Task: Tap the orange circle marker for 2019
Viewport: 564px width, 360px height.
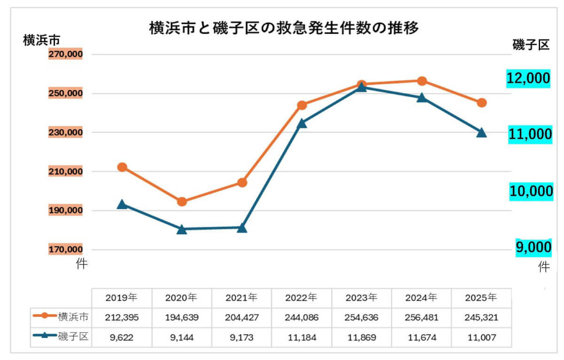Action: click(x=122, y=167)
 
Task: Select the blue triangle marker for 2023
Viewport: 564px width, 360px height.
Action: click(x=362, y=87)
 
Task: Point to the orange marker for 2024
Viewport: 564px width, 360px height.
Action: click(x=422, y=81)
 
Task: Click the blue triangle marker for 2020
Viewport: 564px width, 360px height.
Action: click(x=182, y=229)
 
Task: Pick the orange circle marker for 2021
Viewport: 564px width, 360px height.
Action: click(x=242, y=182)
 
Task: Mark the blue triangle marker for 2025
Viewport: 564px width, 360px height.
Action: click(x=481, y=133)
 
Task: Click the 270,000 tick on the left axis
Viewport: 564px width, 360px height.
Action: click(x=66, y=55)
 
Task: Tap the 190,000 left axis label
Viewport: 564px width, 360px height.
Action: click(x=66, y=211)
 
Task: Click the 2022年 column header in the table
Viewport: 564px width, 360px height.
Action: click(x=301, y=297)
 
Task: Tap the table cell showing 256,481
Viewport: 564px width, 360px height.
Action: click(x=421, y=317)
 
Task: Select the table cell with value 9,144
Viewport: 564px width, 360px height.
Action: click(x=182, y=337)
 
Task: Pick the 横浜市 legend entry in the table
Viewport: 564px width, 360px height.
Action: click(x=61, y=317)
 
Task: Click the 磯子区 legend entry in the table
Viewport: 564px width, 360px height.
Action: click(x=61, y=337)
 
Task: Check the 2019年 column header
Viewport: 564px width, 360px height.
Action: click(x=122, y=297)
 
